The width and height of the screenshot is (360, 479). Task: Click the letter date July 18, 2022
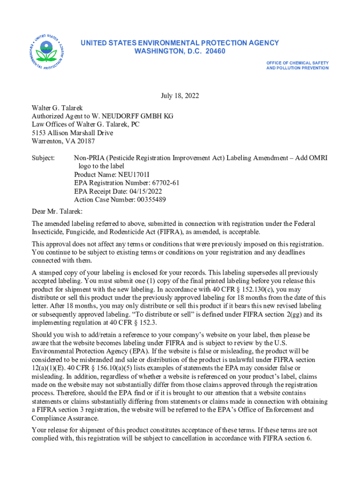180,96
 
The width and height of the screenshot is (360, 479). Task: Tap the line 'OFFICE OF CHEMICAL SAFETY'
297,63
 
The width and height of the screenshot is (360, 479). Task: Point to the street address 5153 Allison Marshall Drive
72,133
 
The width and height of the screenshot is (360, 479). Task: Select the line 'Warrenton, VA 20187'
63,141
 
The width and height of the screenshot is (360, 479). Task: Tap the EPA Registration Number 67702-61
162,183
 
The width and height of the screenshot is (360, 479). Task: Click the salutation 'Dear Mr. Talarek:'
57,212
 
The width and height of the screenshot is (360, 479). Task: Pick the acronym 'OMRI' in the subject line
318,158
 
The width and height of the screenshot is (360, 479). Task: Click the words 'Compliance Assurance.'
65,419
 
